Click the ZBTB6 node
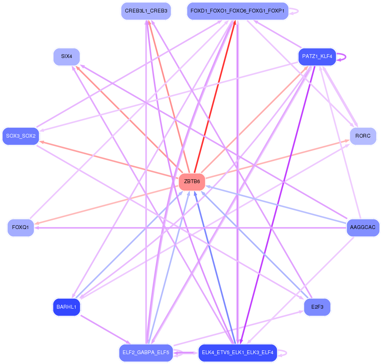pyautogui.click(x=192, y=182)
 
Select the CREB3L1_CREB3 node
pyautogui.click(x=146, y=11)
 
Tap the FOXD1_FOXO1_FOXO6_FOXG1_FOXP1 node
pyautogui.click(x=238, y=11)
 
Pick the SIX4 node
pyautogui.click(x=66, y=57)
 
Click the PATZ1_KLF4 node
pyautogui.click(x=317, y=57)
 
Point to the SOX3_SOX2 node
pyautogui.click(x=21, y=136)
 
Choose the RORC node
pyautogui.click(x=363, y=136)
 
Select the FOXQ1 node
pyautogui.click(x=21, y=227)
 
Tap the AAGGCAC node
pyautogui.click(x=363, y=227)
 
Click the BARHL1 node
pyautogui.click(x=66, y=307)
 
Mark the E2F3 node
pyautogui.click(x=317, y=307)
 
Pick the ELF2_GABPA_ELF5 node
pyautogui.click(x=146, y=353)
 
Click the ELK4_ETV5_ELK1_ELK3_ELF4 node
pyautogui.click(x=238, y=353)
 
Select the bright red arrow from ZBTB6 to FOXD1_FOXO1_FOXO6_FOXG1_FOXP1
pyautogui.click(x=215, y=97)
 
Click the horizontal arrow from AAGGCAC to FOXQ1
pyautogui.click(x=190, y=228)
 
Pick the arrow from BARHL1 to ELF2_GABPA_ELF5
pyautogui.click(x=105, y=329)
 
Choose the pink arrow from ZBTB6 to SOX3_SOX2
pyautogui.click(x=109, y=160)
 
